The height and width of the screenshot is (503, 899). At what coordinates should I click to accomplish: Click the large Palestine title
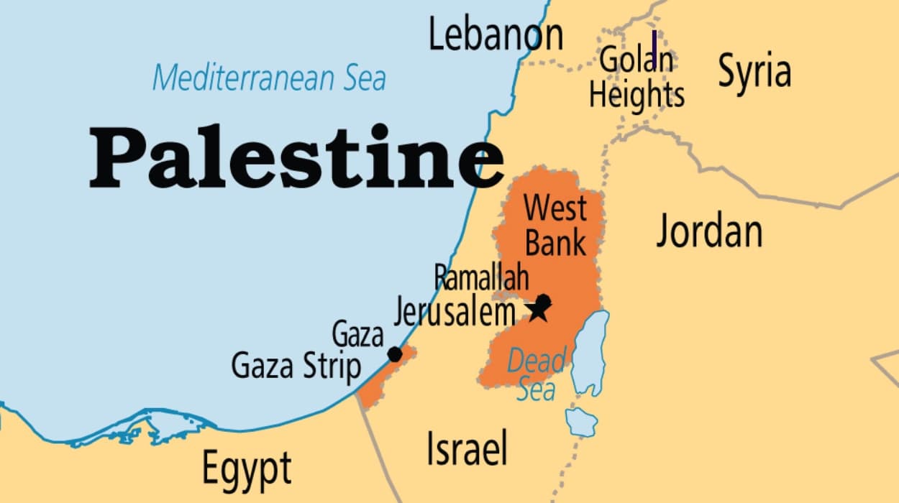(x=295, y=157)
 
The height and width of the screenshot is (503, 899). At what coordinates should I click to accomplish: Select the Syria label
(x=754, y=72)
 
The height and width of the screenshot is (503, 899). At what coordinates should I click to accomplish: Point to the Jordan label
(x=709, y=231)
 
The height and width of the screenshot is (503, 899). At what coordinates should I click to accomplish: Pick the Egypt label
(x=247, y=469)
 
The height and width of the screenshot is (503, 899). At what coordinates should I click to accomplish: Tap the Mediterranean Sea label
(x=269, y=78)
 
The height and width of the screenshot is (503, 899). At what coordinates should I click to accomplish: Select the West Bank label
(x=555, y=226)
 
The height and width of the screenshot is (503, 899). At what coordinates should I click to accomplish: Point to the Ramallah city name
(x=481, y=277)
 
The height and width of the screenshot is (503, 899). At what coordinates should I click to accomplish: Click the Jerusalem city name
(x=455, y=312)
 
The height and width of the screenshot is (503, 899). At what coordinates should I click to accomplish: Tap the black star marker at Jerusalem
(x=538, y=311)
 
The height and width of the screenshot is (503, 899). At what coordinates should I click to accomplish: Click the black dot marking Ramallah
(x=544, y=300)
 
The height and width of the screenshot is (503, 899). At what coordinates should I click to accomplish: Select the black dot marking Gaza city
(x=395, y=354)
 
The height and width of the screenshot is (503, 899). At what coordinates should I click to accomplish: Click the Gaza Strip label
(x=296, y=366)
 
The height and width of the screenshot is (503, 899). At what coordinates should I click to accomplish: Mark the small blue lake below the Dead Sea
(x=581, y=421)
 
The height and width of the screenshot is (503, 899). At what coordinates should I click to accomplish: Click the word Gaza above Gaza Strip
(x=357, y=335)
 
